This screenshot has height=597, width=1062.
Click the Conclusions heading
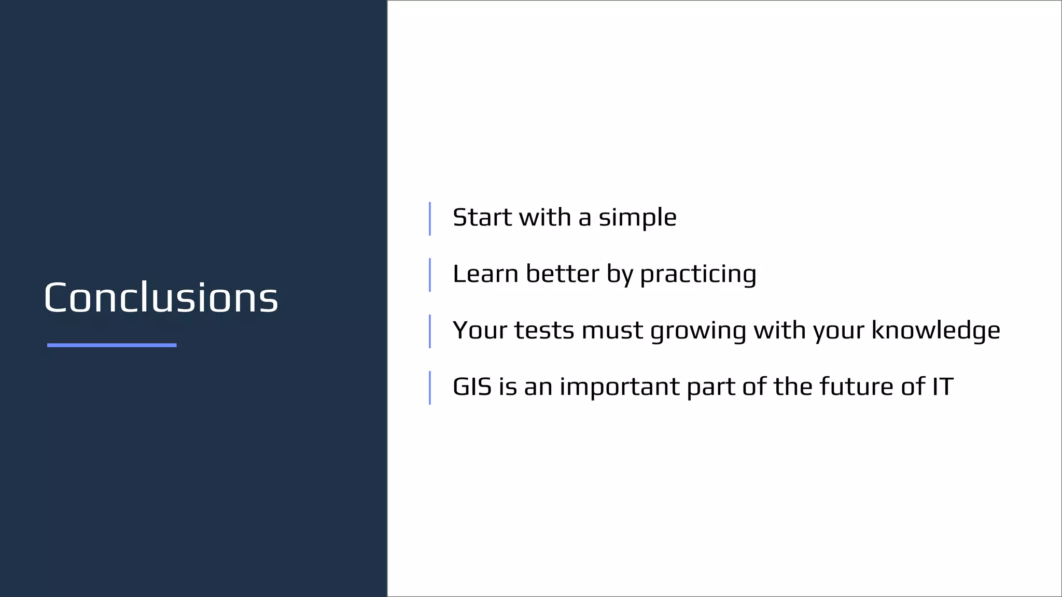(x=161, y=298)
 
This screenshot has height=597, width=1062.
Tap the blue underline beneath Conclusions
(x=111, y=345)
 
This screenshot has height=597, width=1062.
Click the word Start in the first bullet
(x=482, y=217)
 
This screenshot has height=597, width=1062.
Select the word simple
(x=637, y=218)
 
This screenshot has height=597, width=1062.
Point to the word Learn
(x=485, y=274)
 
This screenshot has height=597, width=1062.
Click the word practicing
(x=698, y=275)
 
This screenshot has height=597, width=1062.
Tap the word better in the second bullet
(x=563, y=274)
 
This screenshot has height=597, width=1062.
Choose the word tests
(x=544, y=330)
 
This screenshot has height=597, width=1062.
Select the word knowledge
(x=935, y=330)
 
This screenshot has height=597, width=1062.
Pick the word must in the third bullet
(x=612, y=330)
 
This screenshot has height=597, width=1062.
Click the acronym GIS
(x=472, y=387)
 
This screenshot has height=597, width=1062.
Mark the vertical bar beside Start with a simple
(x=430, y=219)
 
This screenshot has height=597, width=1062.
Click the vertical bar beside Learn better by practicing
(x=430, y=275)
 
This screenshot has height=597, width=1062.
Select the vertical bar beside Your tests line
(x=430, y=332)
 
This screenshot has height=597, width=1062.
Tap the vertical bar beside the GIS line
(x=430, y=388)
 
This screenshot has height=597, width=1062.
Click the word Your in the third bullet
(x=480, y=330)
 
